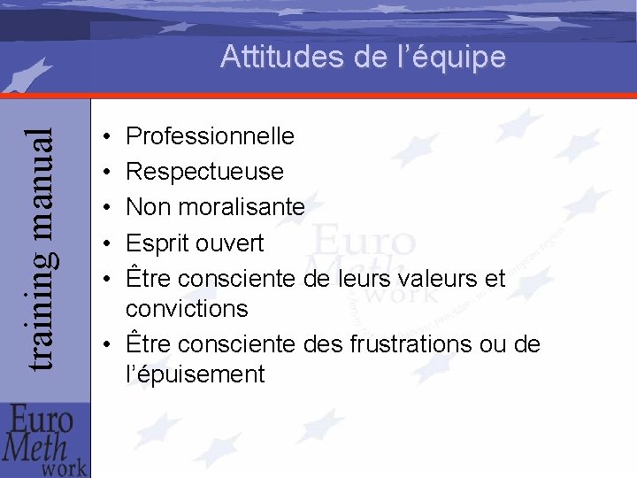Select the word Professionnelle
pyautogui.click(x=211, y=136)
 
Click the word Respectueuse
pyautogui.click(x=204, y=171)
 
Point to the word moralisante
pyautogui.click(x=243, y=207)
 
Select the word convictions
pyautogui.click(x=187, y=309)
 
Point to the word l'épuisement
pyautogui.click(x=196, y=374)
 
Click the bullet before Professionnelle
pyautogui.click(x=105, y=137)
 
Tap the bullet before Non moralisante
pyautogui.click(x=105, y=208)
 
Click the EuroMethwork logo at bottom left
pyautogui.click(x=45, y=440)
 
